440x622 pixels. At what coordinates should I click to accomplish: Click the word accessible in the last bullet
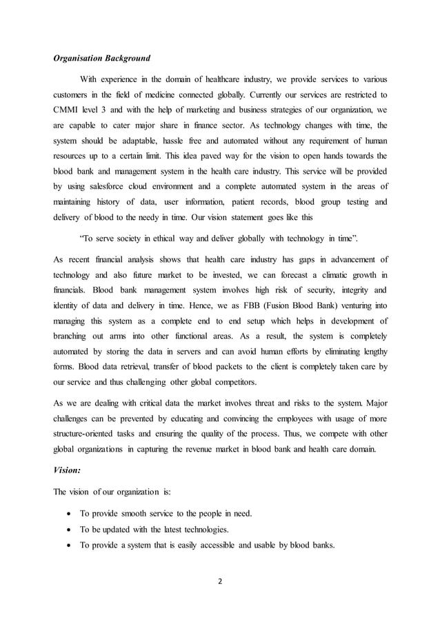click(227, 545)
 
